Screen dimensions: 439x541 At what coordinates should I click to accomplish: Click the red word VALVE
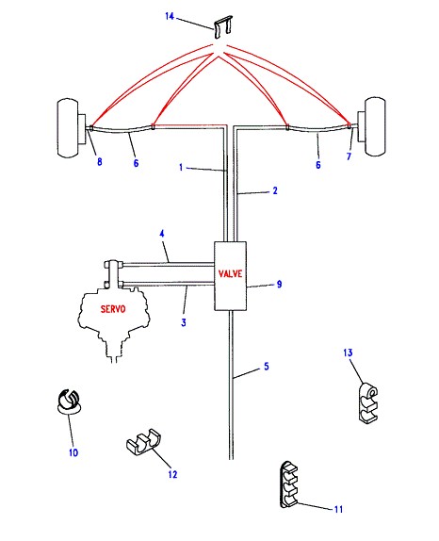click(231, 274)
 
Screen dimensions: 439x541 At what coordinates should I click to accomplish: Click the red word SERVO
click(113, 309)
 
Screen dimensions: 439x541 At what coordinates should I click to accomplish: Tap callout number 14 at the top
click(170, 16)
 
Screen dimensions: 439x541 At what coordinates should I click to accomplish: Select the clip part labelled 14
click(223, 26)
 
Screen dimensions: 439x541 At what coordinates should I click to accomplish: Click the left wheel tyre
click(68, 127)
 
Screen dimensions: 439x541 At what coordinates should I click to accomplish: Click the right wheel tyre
click(375, 126)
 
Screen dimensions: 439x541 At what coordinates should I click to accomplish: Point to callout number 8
click(100, 161)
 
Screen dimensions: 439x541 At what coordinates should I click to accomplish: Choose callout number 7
click(349, 156)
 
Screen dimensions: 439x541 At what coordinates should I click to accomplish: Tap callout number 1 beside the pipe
click(181, 168)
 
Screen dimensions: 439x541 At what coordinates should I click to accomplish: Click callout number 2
click(275, 190)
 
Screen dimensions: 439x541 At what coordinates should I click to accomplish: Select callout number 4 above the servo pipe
click(162, 234)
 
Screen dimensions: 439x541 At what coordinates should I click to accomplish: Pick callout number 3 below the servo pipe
click(184, 322)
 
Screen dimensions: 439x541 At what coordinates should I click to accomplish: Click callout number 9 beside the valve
click(280, 284)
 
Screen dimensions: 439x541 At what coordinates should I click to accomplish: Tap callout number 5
click(267, 367)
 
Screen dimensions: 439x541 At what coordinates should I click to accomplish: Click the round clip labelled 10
click(69, 402)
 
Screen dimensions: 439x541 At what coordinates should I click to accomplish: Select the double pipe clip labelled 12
click(144, 442)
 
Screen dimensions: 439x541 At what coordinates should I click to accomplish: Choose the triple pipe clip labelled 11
click(289, 484)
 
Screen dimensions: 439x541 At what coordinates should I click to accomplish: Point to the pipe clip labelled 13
click(368, 402)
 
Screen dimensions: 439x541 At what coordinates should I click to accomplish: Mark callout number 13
click(348, 352)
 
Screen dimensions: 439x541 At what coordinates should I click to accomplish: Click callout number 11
click(338, 509)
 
